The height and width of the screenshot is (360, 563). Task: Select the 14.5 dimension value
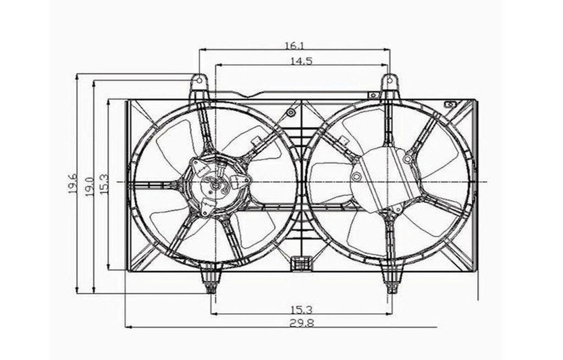tap(301, 61)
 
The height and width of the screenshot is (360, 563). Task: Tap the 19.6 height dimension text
tap(73, 184)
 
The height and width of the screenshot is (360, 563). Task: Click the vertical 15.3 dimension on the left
tap(104, 184)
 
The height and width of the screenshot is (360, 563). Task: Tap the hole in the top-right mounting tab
tap(390, 81)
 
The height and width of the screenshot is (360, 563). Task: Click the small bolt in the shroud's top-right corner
tap(450, 104)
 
